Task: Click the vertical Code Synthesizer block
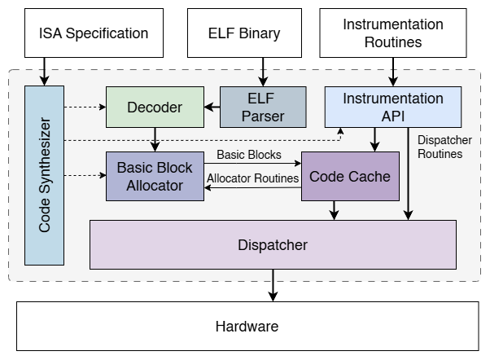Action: (44, 174)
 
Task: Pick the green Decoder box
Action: (155, 107)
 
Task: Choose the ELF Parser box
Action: (263, 107)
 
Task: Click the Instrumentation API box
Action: (393, 107)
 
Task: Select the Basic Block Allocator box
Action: (155, 176)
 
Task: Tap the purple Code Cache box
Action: (350, 176)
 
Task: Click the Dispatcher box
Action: (273, 244)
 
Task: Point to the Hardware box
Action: (247, 327)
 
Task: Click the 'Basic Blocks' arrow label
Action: (248, 155)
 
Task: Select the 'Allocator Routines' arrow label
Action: (252, 178)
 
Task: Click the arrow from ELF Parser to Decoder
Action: (212, 107)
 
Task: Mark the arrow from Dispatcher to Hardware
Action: (273, 285)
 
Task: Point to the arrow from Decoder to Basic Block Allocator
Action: (155, 139)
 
